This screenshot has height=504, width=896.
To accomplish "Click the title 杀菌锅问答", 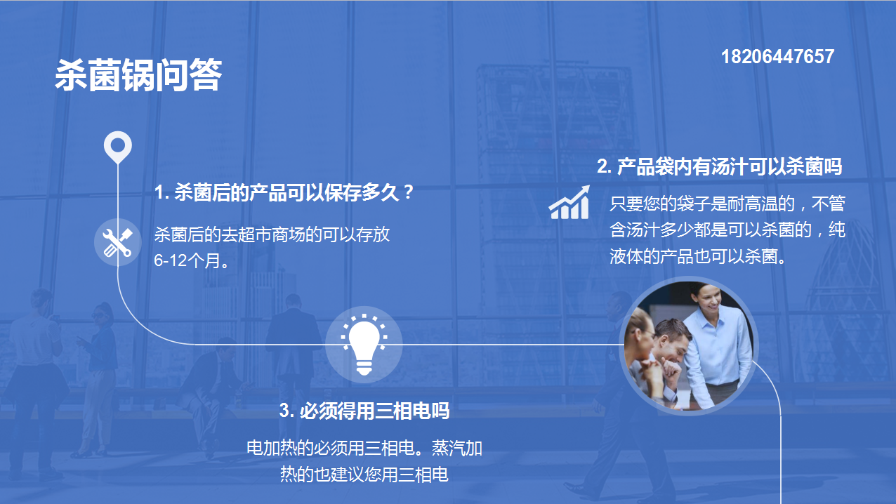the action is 138,75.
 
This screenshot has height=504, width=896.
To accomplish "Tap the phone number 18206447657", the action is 777,56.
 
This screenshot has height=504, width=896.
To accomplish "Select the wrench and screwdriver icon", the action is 117,242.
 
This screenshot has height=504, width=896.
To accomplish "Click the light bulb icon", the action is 364,345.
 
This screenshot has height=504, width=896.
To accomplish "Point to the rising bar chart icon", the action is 569,202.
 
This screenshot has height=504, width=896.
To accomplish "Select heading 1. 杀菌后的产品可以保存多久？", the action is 284,192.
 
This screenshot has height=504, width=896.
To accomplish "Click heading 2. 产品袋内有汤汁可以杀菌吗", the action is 720,166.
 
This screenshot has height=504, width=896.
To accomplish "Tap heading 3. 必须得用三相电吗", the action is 364,411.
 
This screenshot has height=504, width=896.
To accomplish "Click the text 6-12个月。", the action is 192,261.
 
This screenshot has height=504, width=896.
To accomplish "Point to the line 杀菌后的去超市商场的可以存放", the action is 272,234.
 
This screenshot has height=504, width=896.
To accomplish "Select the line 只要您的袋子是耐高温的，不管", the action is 727,204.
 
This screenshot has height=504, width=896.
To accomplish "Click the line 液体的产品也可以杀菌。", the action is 698,256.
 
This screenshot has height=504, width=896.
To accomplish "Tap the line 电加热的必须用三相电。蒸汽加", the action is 364,448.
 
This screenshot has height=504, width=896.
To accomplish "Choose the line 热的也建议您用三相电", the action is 364,475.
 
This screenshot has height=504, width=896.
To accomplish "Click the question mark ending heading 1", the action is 409,192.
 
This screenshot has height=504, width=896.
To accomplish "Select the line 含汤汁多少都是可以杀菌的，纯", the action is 727,230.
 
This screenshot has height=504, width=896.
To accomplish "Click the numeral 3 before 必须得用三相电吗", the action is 284,411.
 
